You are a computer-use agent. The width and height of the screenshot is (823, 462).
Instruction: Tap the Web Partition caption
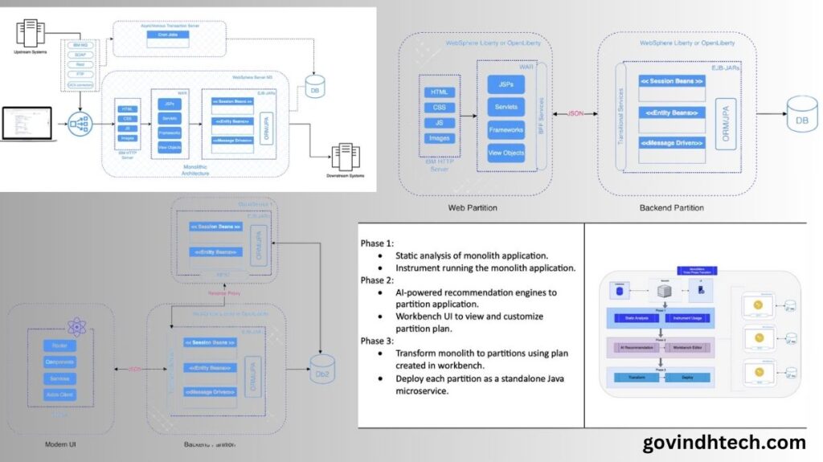pyautogui.click(x=472, y=208)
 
